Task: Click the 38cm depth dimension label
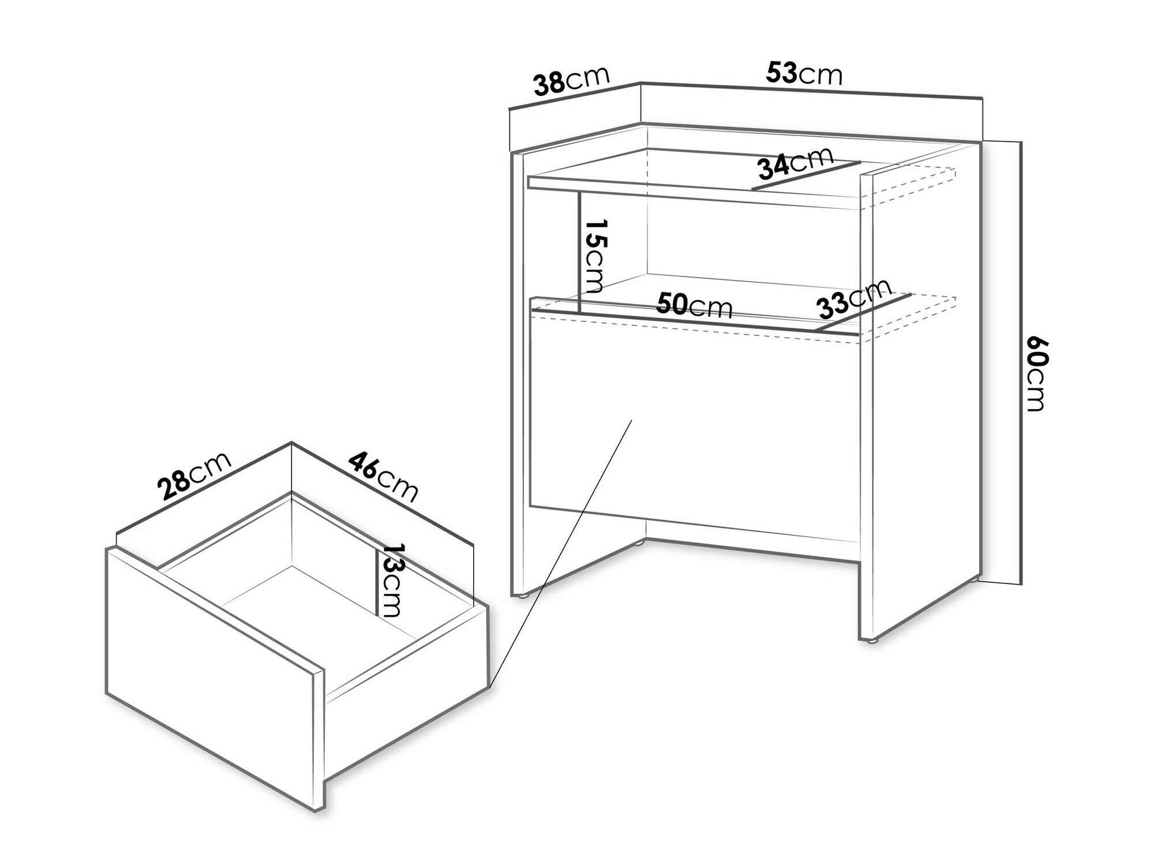coord(572,81)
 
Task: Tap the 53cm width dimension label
coord(804,73)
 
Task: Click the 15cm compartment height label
coord(594,256)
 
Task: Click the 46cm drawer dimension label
coord(383,477)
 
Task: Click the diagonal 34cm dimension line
coord(807,175)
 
